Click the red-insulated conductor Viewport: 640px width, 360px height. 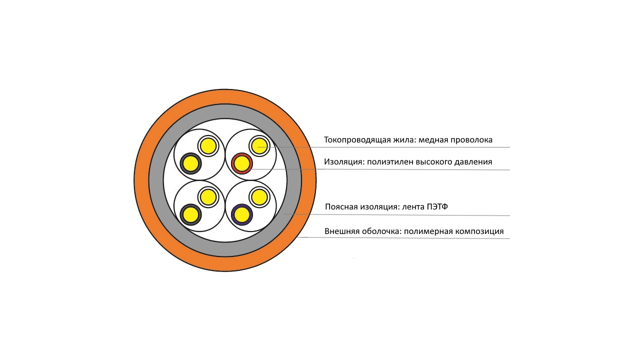click(241, 163)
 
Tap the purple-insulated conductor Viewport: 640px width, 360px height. click(241, 214)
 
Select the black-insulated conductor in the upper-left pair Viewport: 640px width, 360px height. click(190, 163)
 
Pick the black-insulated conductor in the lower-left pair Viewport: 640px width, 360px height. click(190, 214)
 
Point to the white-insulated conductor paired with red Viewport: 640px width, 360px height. click(259, 146)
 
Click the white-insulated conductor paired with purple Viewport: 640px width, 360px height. click(259, 197)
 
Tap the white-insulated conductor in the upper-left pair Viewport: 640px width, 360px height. click(208, 146)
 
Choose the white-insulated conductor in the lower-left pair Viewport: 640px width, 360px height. click(208, 197)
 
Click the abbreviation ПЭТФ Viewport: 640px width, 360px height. click(437, 206)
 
